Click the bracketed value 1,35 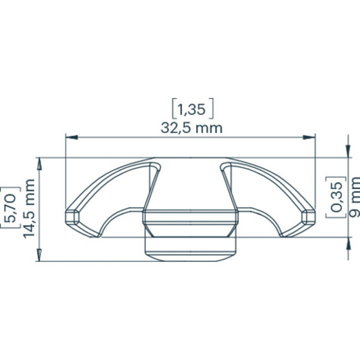point(192,109)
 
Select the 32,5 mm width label point(191,128)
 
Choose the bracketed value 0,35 point(337,197)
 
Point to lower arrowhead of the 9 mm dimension point(348,244)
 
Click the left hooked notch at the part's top point(156,166)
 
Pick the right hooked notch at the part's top point(224,166)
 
